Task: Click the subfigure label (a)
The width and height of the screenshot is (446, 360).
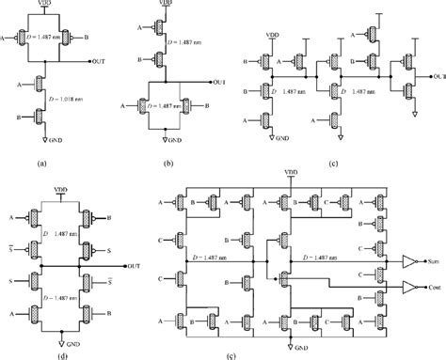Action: pos(40,163)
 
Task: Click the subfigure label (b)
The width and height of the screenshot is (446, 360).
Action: pos(167,163)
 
